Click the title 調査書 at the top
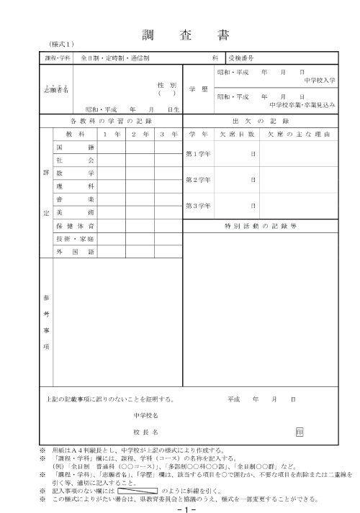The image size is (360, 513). pos(180,35)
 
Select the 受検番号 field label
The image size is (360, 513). pos(240,56)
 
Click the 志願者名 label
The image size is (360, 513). pos(55,91)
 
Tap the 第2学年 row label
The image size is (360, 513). pos(198,179)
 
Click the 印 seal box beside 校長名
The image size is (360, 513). pos(299,431)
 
